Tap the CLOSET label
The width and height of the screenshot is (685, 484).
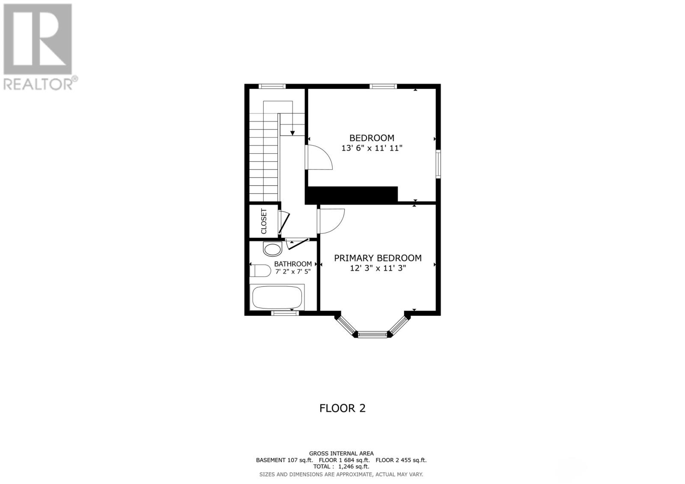click(264, 221)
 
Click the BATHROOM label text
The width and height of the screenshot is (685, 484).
click(293, 264)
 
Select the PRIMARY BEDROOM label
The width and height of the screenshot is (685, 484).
click(378, 258)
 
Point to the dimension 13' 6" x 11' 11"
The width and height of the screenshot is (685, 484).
click(372, 148)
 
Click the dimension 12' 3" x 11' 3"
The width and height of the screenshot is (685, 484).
click(378, 268)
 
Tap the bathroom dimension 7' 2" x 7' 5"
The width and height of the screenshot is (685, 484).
click(293, 271)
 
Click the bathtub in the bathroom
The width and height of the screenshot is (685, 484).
click(277, 297)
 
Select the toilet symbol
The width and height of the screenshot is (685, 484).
click(260, 271)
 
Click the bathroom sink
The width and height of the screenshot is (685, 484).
click(272, 249)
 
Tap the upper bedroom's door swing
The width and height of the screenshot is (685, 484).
click(320, 157)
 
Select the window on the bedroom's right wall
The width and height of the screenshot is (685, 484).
click(438, 164)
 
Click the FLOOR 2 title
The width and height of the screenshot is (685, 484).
click(342, 408)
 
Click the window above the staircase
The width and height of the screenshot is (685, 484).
click(272, 86)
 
